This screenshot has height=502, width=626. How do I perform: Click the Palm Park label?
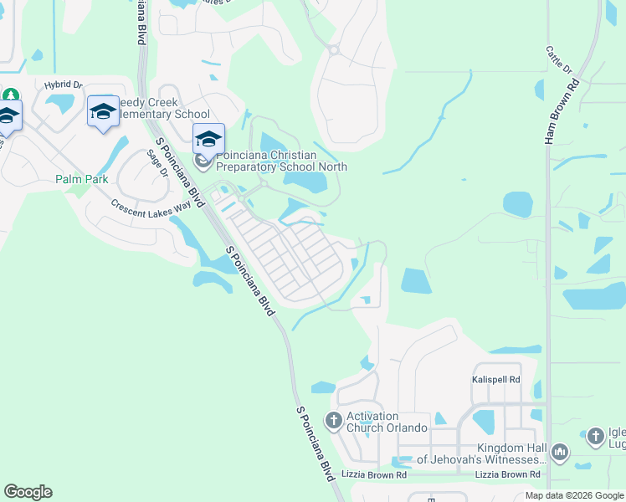pyautogui.click(x=80, y=179)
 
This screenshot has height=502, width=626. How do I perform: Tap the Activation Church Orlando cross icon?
pyautogui.click(x=333, y=420)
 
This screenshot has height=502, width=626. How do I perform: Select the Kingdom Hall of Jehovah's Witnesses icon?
pyautogui.click(x=559, y=453)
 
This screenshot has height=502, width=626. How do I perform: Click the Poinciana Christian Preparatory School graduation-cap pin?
pyautogui.click(x=208, y=138)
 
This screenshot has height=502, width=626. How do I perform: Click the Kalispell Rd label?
pyautogui.click(x=495, y=380)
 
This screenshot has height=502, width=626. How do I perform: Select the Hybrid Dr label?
pyautogui.click(x=64, y=85)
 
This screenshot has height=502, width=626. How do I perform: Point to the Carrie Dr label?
pyautogui.click(x=557, y=59)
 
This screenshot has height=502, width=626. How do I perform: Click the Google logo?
pyautogui.click(x=28, y=492)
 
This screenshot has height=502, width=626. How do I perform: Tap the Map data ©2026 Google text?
pyautogui.click(x=574, y=495)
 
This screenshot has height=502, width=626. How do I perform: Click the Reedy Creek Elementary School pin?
pyautogui.click(x=103, y=112)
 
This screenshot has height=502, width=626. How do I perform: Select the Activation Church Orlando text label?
pyautogui.click(x=387, y=422)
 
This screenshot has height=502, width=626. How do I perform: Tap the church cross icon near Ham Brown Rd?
pyautogui.click(x=595, y=436)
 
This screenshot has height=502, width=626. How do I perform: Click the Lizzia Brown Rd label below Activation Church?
pyautogui.click(x=375, y=474)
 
